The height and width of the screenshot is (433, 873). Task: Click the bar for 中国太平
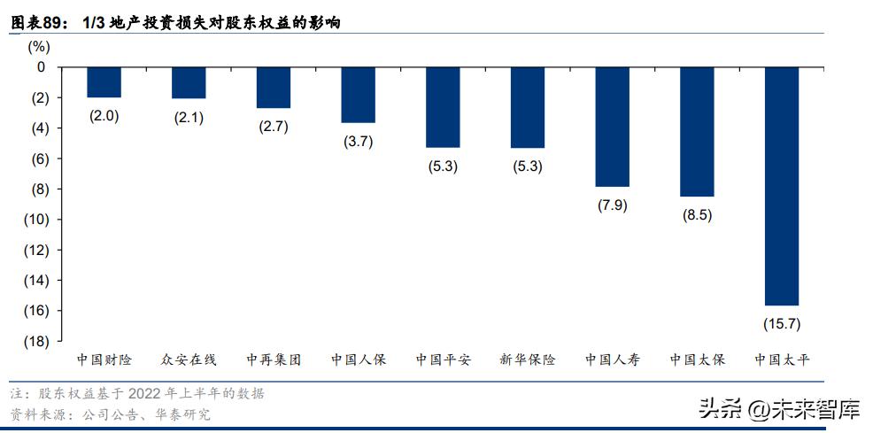pos(782,186)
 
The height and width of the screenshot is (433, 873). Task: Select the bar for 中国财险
pos(104,82)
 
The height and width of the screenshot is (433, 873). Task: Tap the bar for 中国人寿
pos(612,127)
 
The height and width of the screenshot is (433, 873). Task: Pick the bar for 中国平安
pos(443,107)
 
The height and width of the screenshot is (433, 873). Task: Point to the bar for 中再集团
pos(273,88)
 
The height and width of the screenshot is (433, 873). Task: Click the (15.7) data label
pos(782,324)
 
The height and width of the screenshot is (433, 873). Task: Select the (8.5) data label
pos(697,215)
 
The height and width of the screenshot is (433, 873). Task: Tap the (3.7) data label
pos(359,142)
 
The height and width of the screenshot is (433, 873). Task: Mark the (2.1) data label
pos(189,117)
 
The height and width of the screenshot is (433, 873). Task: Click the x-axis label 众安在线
pos(189,360)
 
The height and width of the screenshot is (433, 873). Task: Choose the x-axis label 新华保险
pos(528,360)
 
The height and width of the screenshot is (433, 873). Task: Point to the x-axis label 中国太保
pos(697,360)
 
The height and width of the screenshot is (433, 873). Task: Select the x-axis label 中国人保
pos(359,360)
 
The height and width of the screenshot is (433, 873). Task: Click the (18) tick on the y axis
pos(36,341)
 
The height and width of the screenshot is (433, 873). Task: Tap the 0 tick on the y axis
pos(41,67)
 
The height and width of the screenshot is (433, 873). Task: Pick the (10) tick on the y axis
pos(36,220)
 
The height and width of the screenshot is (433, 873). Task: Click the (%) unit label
pos(40,46)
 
